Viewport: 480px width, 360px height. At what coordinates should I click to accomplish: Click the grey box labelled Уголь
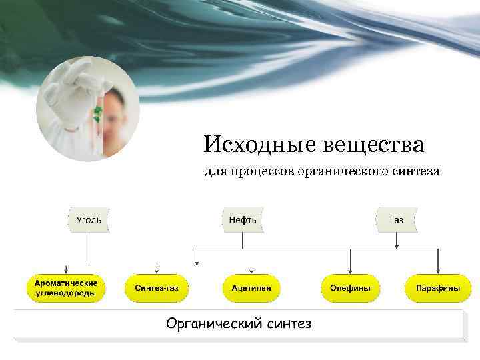pyautogui.click(x=89, y=219)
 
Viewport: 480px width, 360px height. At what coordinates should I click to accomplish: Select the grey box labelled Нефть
pyautogui.click(x=243, y=219)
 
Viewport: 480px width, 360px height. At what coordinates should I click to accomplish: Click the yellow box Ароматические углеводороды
pyautogui.click(x=65, y=288)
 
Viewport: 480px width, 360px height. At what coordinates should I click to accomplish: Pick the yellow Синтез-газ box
pyautogui.click(x=157, y=288)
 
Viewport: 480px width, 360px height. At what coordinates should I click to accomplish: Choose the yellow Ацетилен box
pyautogui.click(x=251, y=288)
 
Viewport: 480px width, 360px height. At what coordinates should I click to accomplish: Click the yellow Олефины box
pyautogui.click(x=350, y=288)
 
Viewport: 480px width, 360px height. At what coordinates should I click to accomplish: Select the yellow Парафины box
pyautogui.click(x=438, y=288)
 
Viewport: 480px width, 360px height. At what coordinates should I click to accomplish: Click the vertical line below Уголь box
pyautogui.click(x=89, y=250)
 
